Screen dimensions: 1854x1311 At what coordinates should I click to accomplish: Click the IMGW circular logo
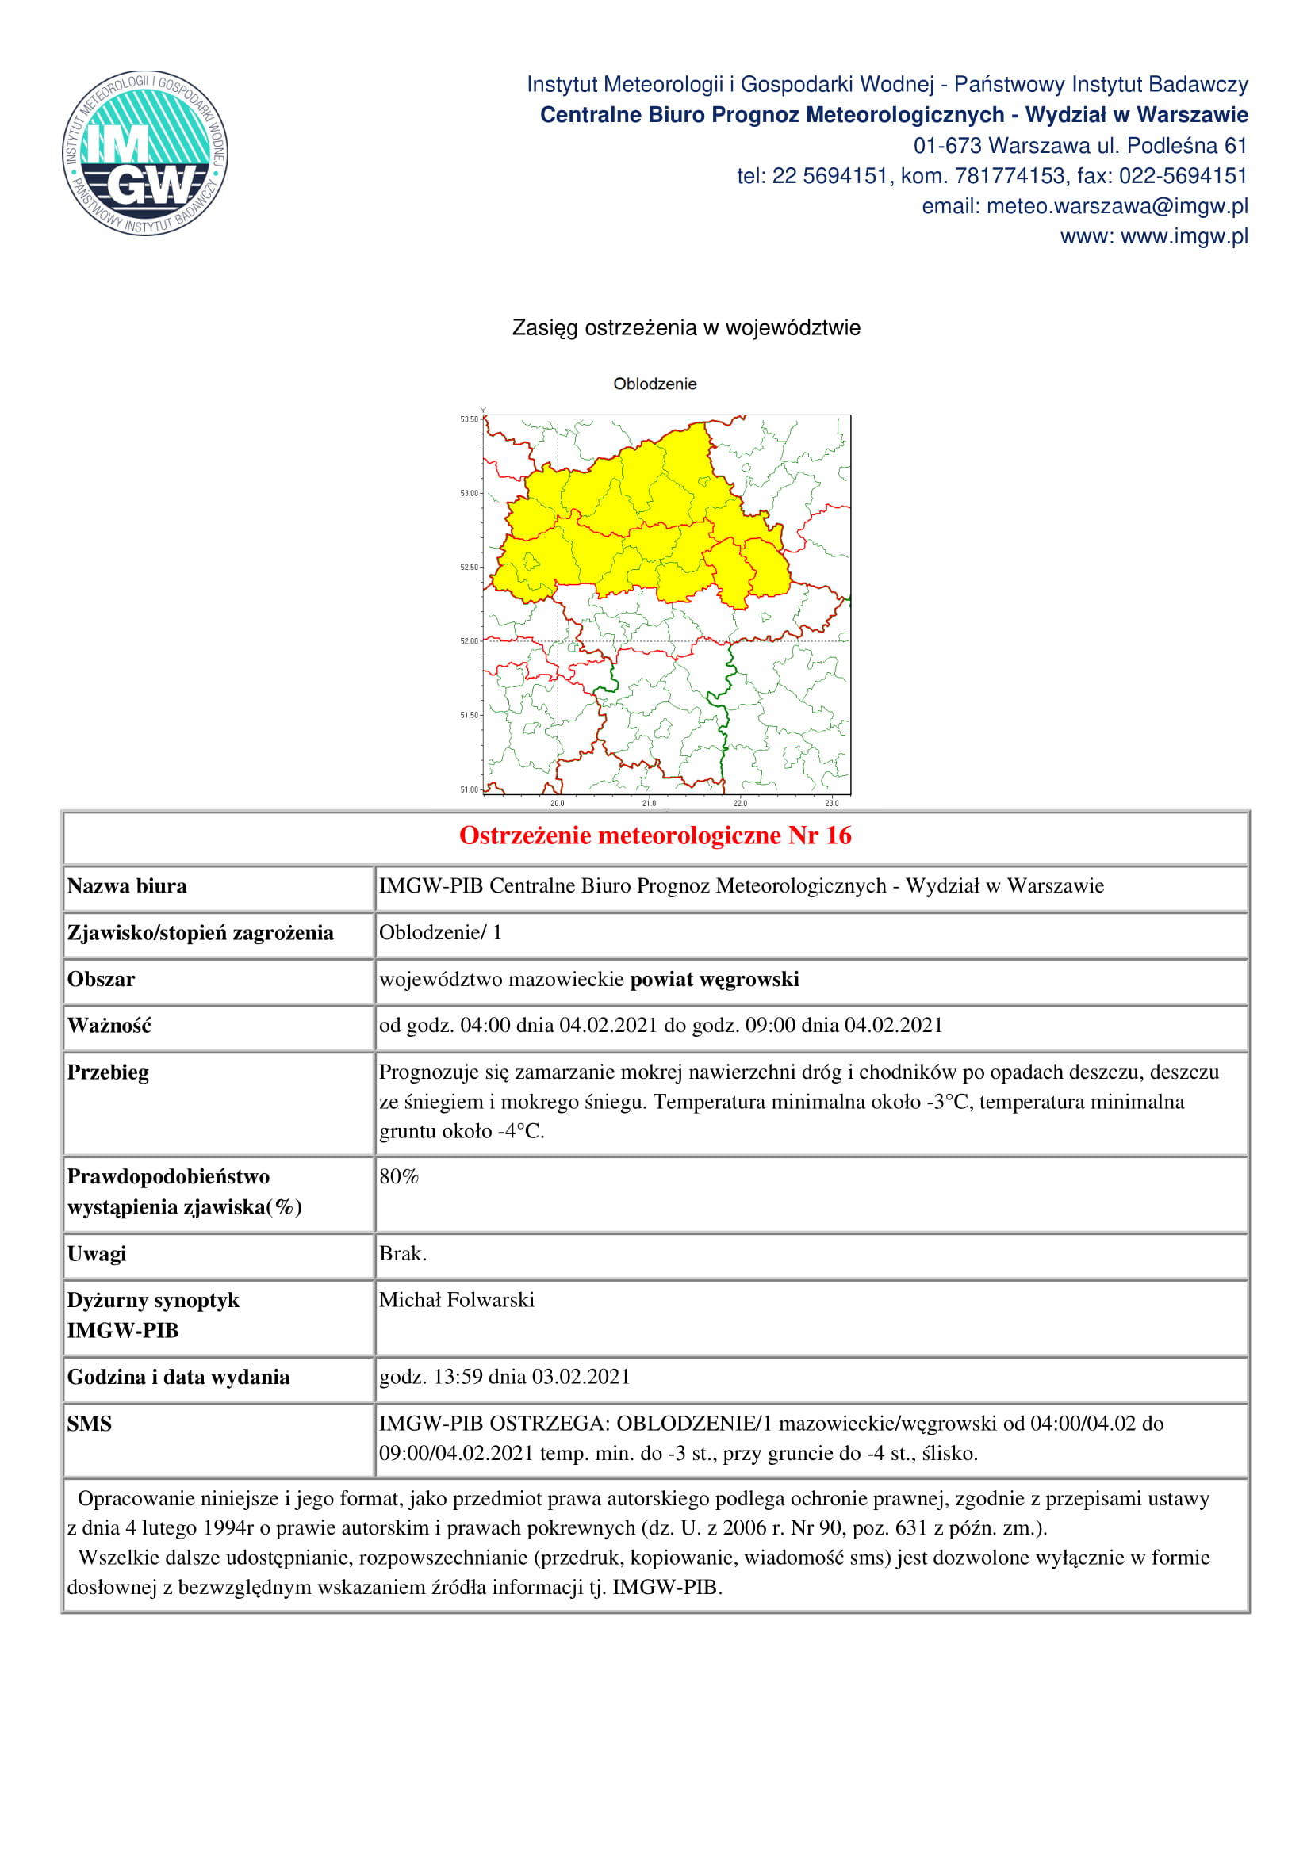point(144,153)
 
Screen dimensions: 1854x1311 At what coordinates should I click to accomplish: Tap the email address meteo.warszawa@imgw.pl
point(1117,207)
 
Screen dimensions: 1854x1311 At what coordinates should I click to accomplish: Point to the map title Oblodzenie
point(654,384)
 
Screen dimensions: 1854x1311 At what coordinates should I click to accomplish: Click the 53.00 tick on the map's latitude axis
point(470,493)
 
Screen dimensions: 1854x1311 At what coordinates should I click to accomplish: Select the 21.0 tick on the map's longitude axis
point(649,804)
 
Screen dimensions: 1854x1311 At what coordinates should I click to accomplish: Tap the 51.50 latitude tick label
point(470,716)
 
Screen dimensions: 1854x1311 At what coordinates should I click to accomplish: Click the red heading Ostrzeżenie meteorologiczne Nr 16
point(655,835)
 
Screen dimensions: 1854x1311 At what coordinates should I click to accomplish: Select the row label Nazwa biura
point(127,887)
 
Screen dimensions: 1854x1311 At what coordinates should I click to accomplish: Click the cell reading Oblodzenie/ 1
point(440,933)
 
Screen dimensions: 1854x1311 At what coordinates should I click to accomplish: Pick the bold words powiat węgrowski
point(714,980)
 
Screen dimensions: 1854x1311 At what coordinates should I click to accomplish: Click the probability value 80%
point(399,1176)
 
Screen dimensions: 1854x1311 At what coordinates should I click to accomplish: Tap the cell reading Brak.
point(403,1253)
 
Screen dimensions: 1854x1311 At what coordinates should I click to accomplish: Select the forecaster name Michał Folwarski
point(456,1300)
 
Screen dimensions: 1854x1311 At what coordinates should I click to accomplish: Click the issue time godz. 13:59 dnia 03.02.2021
point(504,1377)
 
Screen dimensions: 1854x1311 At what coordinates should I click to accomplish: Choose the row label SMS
point(89,1424)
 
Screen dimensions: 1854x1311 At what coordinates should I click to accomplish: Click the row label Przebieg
point(108,1072)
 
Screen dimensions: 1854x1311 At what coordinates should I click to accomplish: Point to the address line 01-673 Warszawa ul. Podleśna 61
point(1080,146)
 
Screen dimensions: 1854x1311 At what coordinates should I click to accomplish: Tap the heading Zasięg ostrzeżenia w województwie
point(686,328)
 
